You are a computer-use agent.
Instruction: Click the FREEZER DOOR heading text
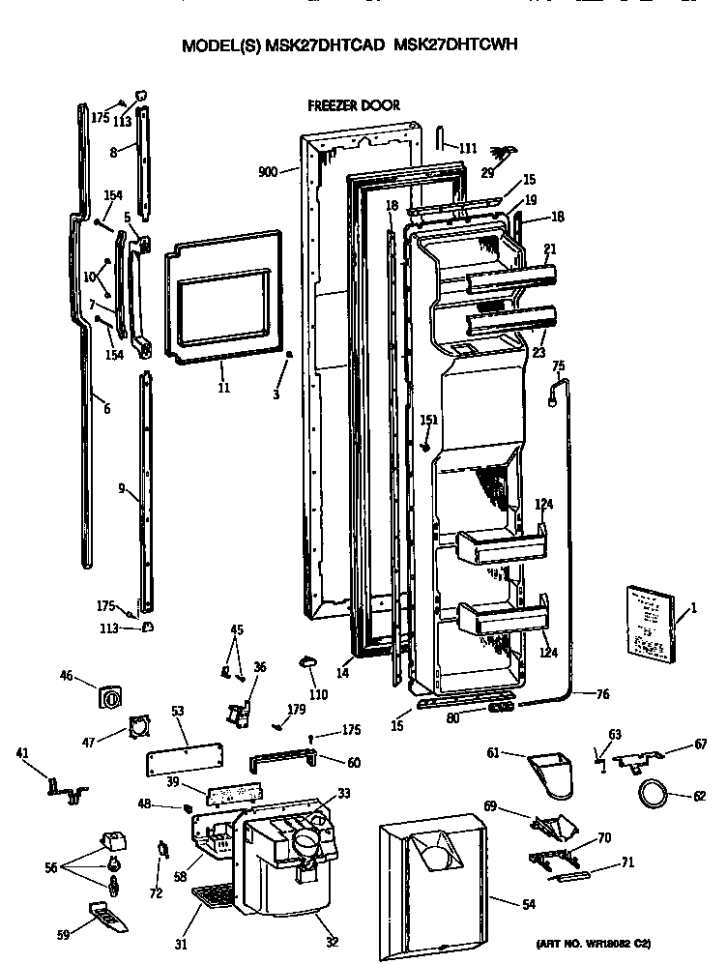tap(353, 105)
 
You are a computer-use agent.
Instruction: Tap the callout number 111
tap(468, 149)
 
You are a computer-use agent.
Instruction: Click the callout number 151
tap(429, 420)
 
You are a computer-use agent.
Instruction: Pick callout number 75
tap(559, 365)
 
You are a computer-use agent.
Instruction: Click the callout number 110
tap(318, 694)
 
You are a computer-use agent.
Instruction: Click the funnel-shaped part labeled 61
tap(553, 774)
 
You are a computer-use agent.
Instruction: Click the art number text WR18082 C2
tap(618, 942)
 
